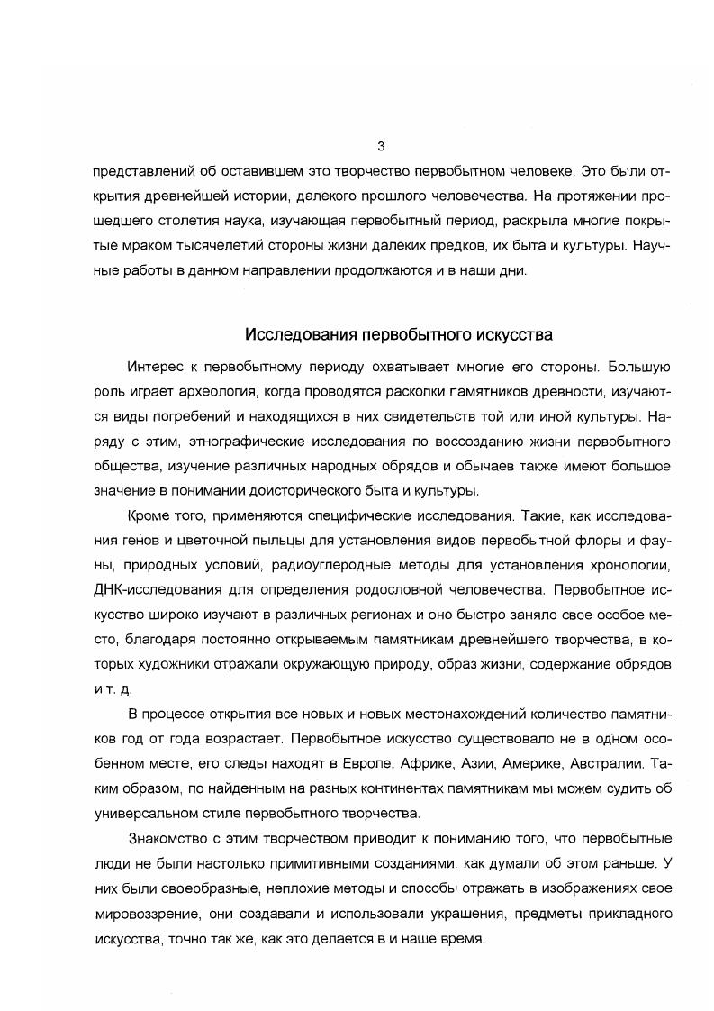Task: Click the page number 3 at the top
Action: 381,146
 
